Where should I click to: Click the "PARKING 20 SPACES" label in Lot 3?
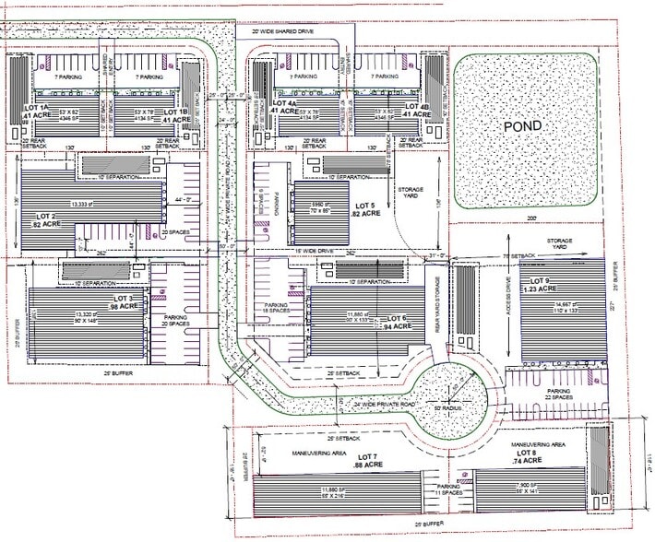[x=166, y=320]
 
